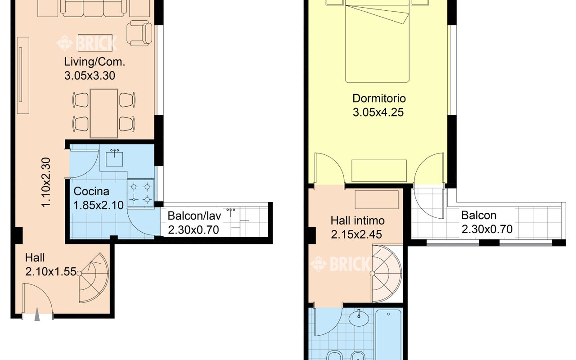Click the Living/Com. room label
click(x=94, y=63)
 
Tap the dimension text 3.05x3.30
click(x=90, y=76)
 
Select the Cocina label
click(x=91, y=191)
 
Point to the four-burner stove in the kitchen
click(x=140, y=193)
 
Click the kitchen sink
click(x=114, y=158)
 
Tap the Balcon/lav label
click(x=194, y=216)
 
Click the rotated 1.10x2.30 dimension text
click(x=46, y=182)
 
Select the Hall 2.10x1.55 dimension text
click(x=51, y=272)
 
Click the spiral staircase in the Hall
click(x=94, y=278)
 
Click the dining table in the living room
click(x=104, y=113)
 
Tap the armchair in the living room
click(x=139, y=33)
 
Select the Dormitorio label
click(x=379, y=99)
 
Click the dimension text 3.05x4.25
click(x=378, y=112)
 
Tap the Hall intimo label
click(x=357, y=220)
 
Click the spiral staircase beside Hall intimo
click(x=386, y=274)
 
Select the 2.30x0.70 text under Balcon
click(x=487, y=229)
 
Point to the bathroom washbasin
click(x=359, y=318)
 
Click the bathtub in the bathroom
click(x=388, y=335)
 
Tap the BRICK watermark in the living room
click(x=87, y=42)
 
